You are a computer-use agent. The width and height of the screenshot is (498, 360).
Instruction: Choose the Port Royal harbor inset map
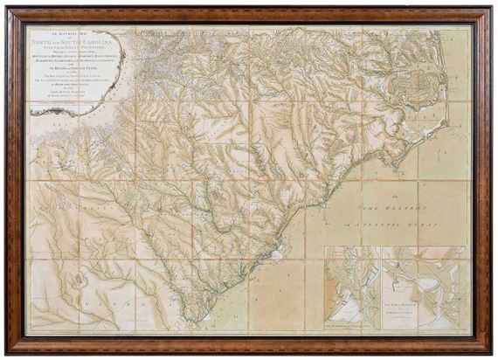click(x=353, y=288)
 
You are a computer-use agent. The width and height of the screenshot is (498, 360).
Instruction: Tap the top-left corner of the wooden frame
click(x=11, y=11)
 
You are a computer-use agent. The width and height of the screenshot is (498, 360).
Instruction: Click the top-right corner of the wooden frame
click(x=486, y=11)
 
